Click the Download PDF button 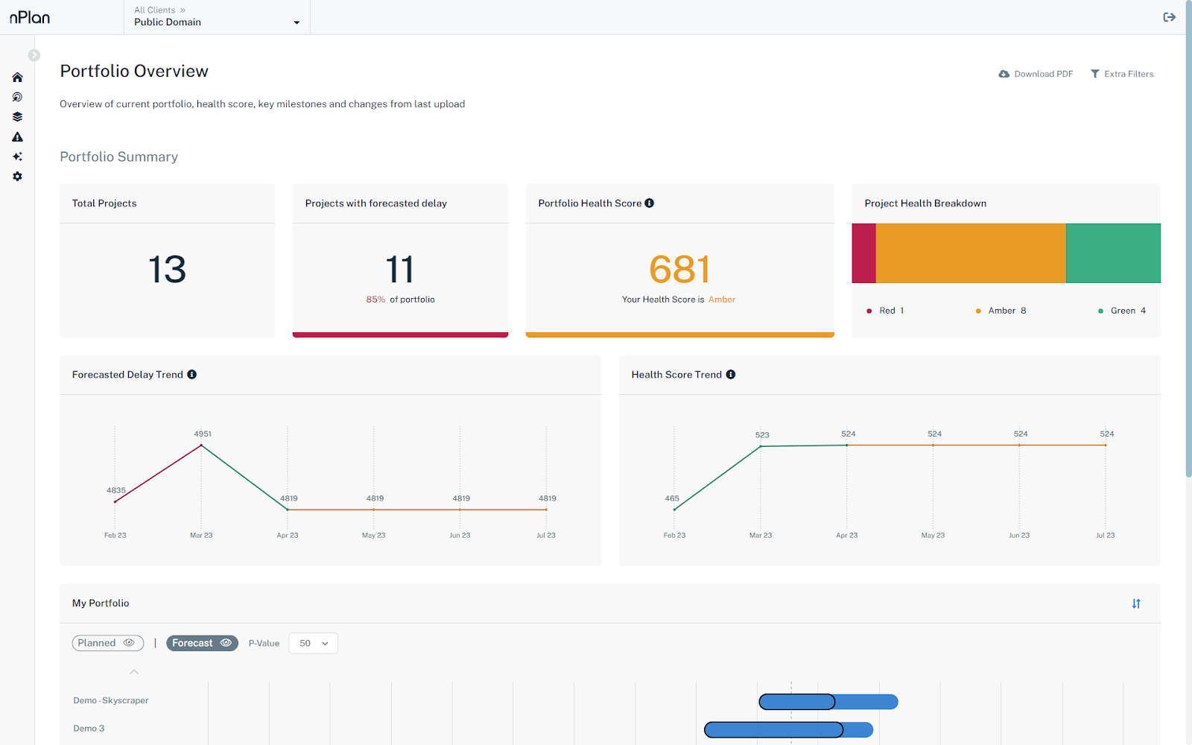(x=1036, y=74)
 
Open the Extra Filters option (x=1122, y=74)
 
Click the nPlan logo (x=30, y=17)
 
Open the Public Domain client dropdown (x=216, y=22)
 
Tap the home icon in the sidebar (x=17, y=77)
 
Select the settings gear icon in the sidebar (x=17, y=177)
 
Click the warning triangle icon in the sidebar (x=17, y=137)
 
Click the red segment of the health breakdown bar (x=863, y=253)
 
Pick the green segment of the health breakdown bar (x=1113, y=253)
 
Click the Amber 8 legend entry (x=1001, y=311)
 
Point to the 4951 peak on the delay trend (x=201, y=446)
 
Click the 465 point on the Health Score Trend (x=674, y=510)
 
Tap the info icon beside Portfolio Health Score (x=650, y=203)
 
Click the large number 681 (x=679, y=270)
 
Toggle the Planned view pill (x=107, y=643)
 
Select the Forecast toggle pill (x=202, y=643)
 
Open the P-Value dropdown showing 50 (x=313, y=643)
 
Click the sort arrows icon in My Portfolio (x=1136, y=603)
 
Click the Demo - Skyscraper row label (x=111, y=700)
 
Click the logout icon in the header (x=1169, y=17)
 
